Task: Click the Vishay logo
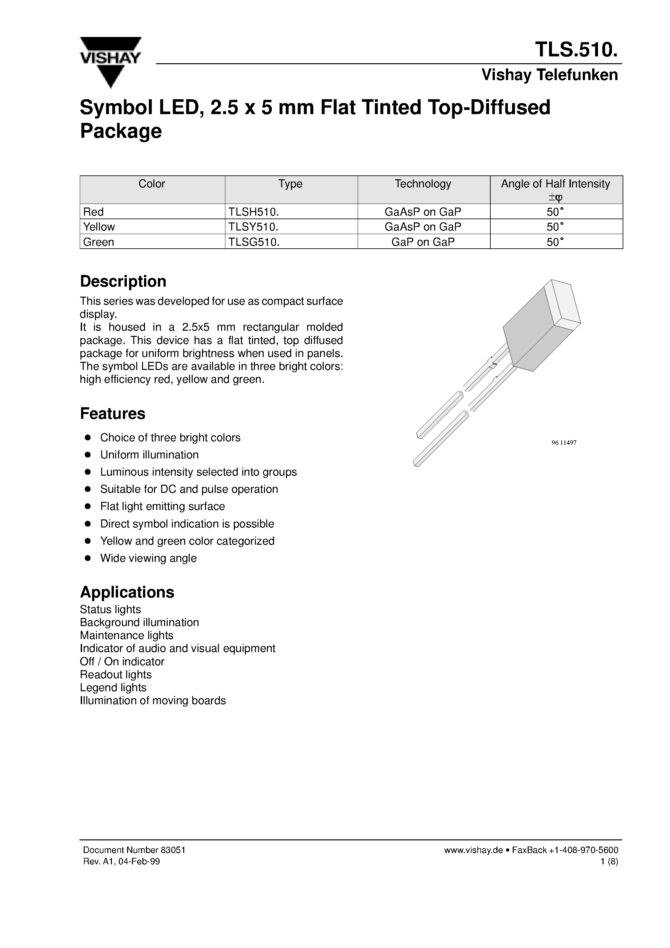pyautogui.click(x=110, y=62)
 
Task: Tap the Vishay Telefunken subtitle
pyautogui.click(x=549, y=75)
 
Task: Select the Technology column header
pyautogui.click(x=423, y=184)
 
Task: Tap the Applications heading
pyautogui.click(x=127, y=592)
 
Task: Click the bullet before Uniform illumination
pyautogui.click(x=88, y=455)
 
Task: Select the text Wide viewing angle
pyautogui.click(x=148, y=558)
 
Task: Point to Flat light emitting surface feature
pyautogui.click(x=162, y=507)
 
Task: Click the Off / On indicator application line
pyautogui.click(x=122, y=661)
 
